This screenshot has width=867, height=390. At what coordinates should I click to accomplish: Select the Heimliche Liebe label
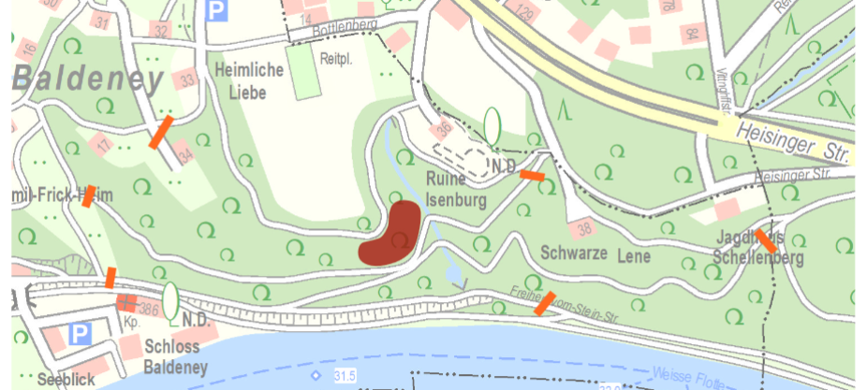tap(241, 80)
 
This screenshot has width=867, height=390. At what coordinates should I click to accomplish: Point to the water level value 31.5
tap(345, 376)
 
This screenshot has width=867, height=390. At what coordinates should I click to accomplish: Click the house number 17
tap(102, 146)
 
